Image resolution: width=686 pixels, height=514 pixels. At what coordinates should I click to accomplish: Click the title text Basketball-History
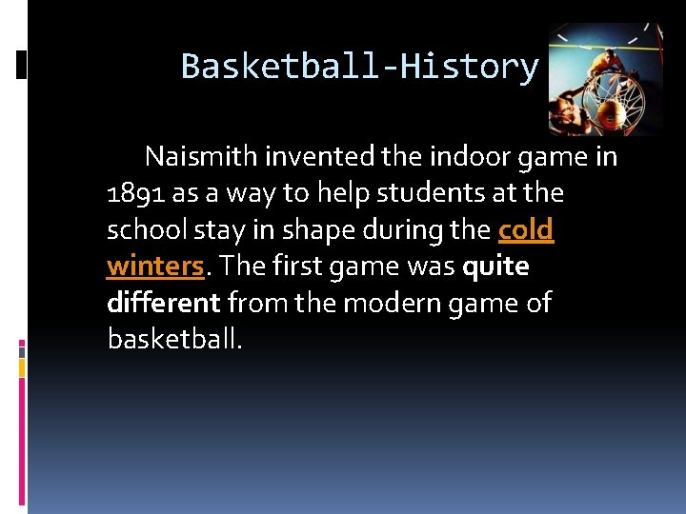(359, 67)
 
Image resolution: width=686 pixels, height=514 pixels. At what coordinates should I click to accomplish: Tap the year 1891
(135, 193)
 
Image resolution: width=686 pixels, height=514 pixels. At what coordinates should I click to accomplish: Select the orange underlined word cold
(525, 230)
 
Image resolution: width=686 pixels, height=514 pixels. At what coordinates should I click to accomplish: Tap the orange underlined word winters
(155, 267)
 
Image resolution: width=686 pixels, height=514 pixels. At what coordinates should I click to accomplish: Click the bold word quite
(495, 267)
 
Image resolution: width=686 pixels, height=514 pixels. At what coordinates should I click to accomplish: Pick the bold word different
(164, 304)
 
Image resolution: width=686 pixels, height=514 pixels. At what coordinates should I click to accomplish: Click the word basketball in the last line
(174, 340)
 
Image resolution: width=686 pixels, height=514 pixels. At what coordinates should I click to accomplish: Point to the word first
(295, 267)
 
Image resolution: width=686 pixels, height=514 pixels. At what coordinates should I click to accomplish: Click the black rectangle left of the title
(21, 65)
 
